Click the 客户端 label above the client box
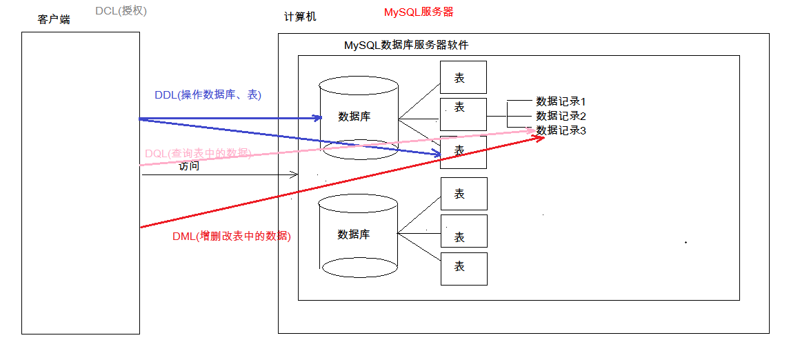tap(54, 19)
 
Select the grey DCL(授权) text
tap(121, 11)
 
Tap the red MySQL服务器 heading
tap(419, 12)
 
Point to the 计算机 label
tap(300, 17)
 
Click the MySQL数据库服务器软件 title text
tap(406, 46)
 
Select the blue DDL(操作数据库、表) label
tap(208, 95)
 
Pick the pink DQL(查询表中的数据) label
tap(197, 153)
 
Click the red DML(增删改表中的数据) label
tap(232, 237)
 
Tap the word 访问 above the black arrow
tap(189, 166)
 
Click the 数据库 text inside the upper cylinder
tap(354, 117)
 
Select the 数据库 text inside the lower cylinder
tap(354, 234)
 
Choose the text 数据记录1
tap(561, 101)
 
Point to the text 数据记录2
tap(561, 116)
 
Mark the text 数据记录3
tap(561, 130)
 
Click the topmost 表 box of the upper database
tap(463, 77)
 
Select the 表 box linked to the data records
tap(463, 114)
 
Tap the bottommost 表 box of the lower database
tap(463, 268)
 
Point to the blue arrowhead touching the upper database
tap(318, 118)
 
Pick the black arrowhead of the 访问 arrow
tap(295, 175)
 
